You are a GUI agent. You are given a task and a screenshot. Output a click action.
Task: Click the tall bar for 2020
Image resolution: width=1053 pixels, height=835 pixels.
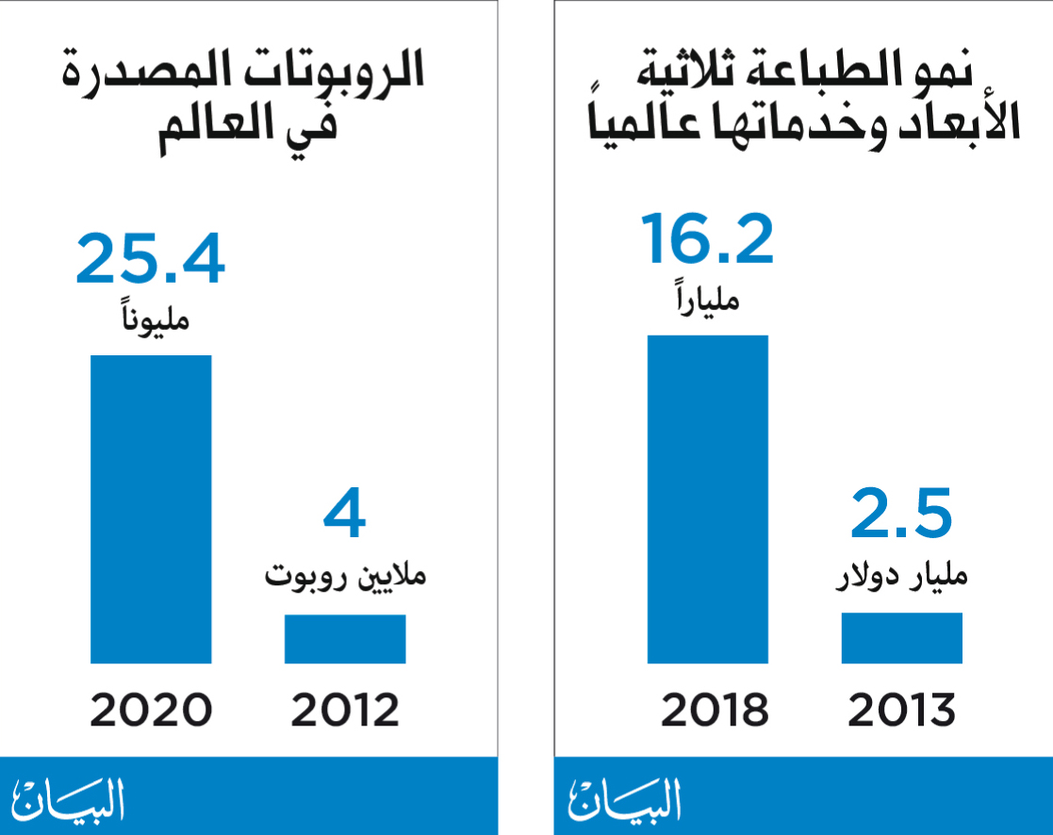click(x=151, y=509)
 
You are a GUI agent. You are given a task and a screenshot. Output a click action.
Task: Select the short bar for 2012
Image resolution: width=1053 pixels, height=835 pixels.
click(x=345, y=639)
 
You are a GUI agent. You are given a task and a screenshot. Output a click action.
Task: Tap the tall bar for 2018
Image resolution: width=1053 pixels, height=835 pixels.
click(x=707, y=499)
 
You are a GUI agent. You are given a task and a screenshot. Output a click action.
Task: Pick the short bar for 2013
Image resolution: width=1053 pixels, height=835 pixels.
click(x=901, y=638)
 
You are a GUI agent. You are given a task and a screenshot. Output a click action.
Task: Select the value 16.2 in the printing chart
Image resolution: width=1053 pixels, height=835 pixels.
click(x=707, y=239)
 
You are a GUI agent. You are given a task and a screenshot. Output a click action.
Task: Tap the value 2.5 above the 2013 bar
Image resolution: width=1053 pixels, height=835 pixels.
click(x=901, y=515)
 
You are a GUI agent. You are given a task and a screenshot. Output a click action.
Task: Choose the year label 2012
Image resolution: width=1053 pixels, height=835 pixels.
click(x=345, y=711)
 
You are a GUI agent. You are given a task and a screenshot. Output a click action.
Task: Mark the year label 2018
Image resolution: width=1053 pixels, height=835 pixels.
click(x=715, y=711)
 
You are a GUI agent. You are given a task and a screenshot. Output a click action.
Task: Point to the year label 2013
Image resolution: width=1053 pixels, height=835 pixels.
click(x=901, y=711)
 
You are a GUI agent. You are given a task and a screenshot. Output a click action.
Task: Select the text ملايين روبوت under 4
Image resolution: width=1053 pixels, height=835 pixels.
click(x=345, y=574)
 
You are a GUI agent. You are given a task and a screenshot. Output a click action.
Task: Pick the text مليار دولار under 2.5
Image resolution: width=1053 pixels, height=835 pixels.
click(x=903, y=574)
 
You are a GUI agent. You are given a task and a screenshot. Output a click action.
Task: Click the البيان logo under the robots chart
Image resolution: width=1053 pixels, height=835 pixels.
click(x=68, y=799)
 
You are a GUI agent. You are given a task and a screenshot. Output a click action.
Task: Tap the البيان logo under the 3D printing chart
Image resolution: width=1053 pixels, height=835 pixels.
click(x=624, y=799)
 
